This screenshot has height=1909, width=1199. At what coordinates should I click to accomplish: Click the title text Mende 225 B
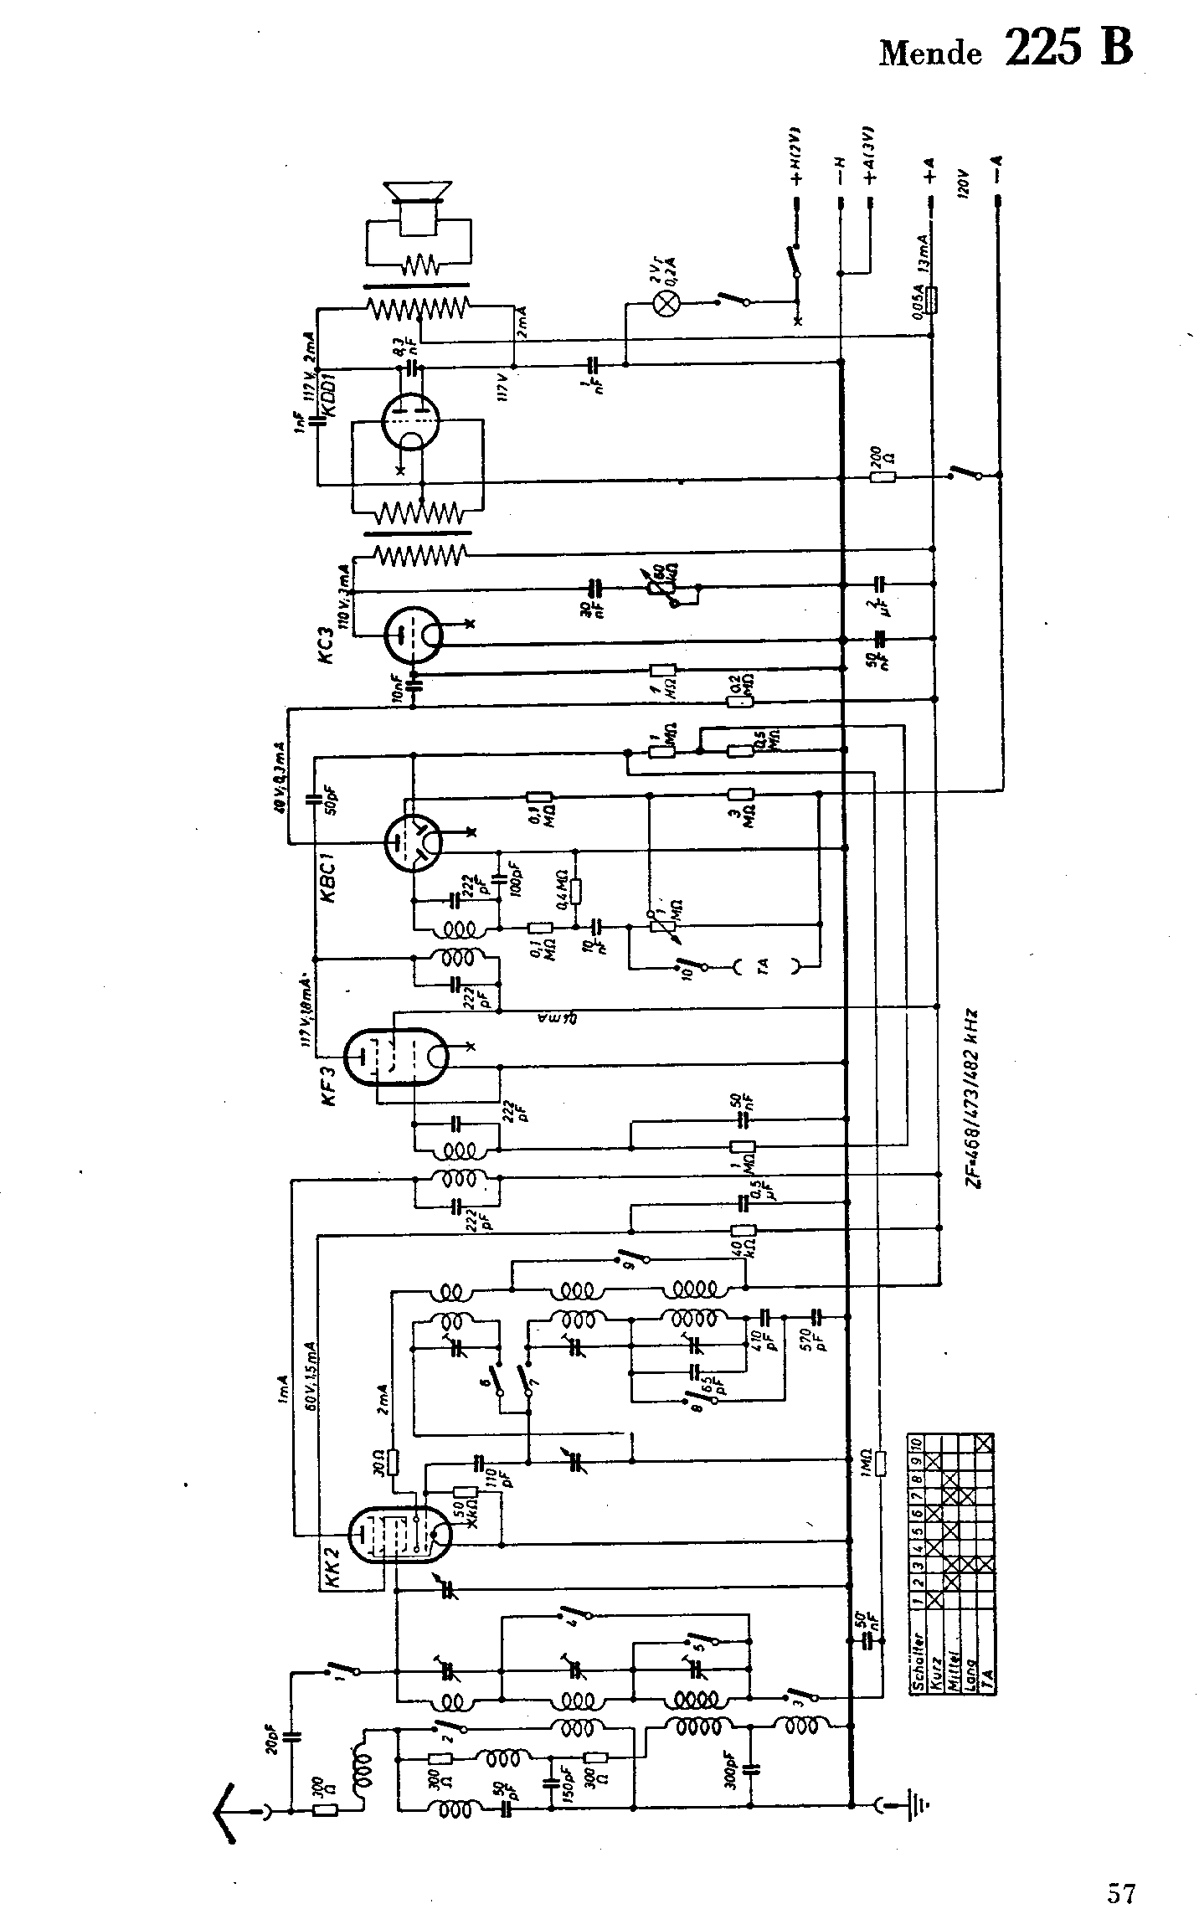tap(1006, 49)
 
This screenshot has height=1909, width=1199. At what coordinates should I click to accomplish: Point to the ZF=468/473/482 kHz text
tap(972, 1097)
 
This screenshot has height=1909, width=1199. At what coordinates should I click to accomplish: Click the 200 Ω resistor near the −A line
tap(883, 477)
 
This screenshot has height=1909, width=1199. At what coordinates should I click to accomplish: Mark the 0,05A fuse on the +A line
tap(934, 298)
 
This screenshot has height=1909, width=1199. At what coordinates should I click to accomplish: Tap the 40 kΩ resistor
tap(743, 1231)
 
